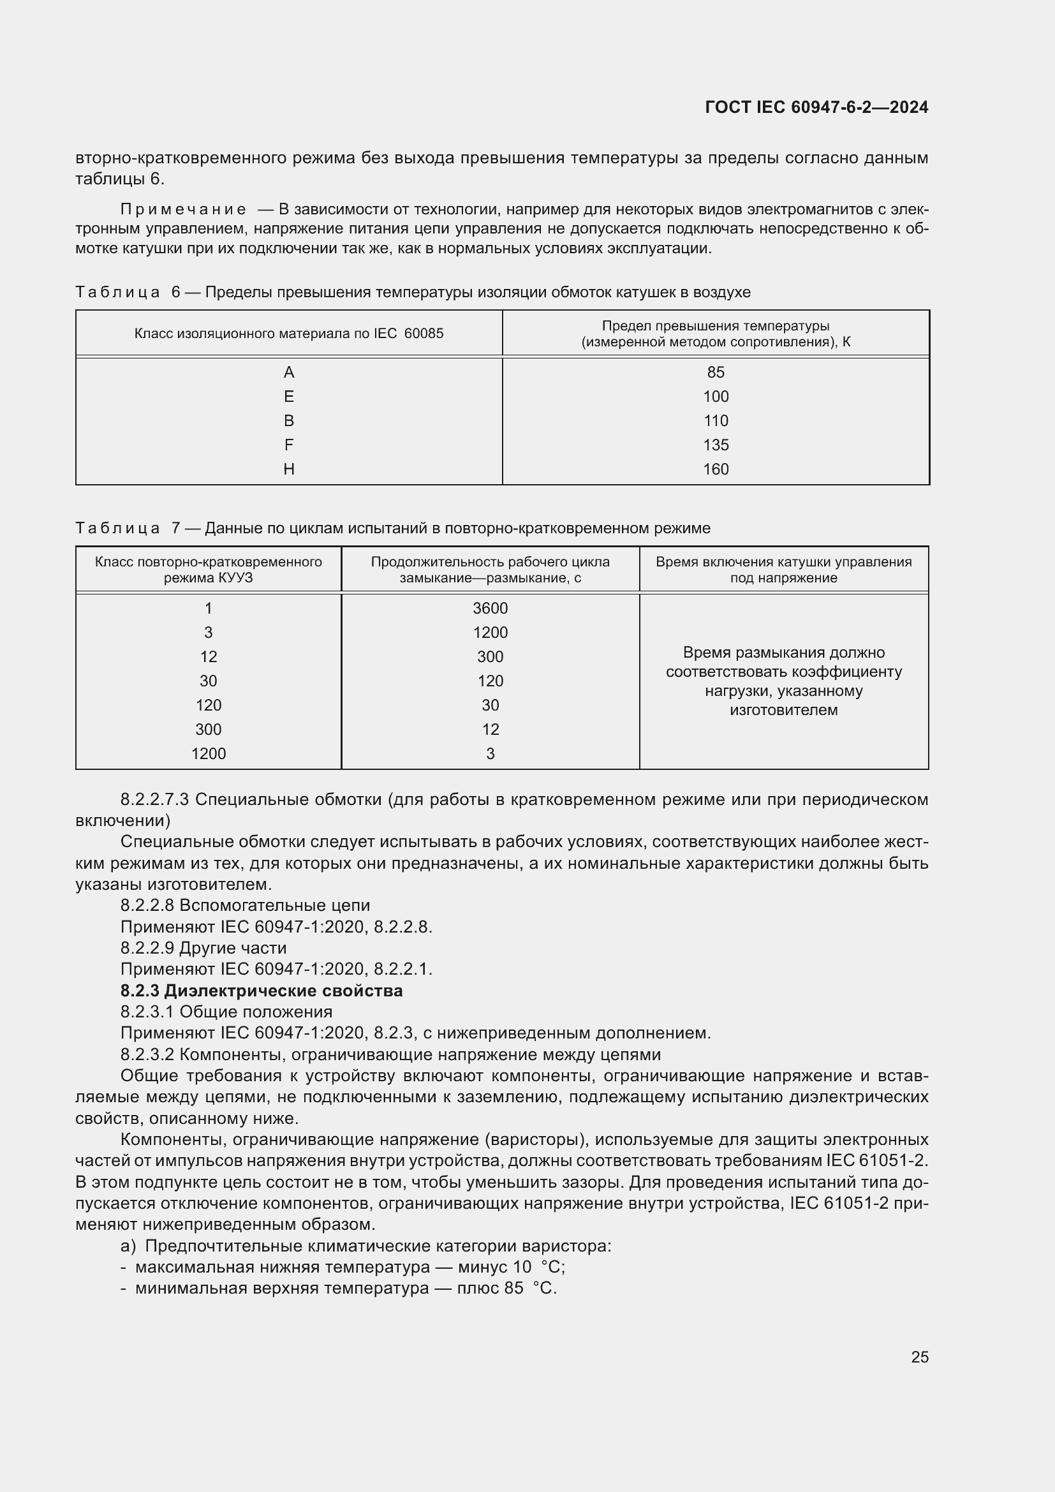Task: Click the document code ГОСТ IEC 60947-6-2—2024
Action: [816, 107]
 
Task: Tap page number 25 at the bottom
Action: [919, 1357]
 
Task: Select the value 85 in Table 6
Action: [715, 373]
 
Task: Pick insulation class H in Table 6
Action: [289, 469]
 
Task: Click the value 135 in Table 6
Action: [715, 445]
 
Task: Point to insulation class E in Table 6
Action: [289, 396]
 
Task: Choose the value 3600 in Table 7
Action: [490, 609]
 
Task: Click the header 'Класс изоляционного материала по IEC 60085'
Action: [288, 334]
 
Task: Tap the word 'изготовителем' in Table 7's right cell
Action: [783, 710]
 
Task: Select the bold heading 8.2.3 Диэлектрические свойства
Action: [261, 991]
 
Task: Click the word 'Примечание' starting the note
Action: [183, 209]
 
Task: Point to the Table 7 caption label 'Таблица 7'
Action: [128, 528]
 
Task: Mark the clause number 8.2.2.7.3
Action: [154, 800]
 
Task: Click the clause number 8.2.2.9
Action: [147, 948]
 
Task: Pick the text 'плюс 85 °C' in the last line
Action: [506, 1288]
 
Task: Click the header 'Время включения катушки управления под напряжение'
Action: [783, 570]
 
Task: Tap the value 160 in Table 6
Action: [715, 469]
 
